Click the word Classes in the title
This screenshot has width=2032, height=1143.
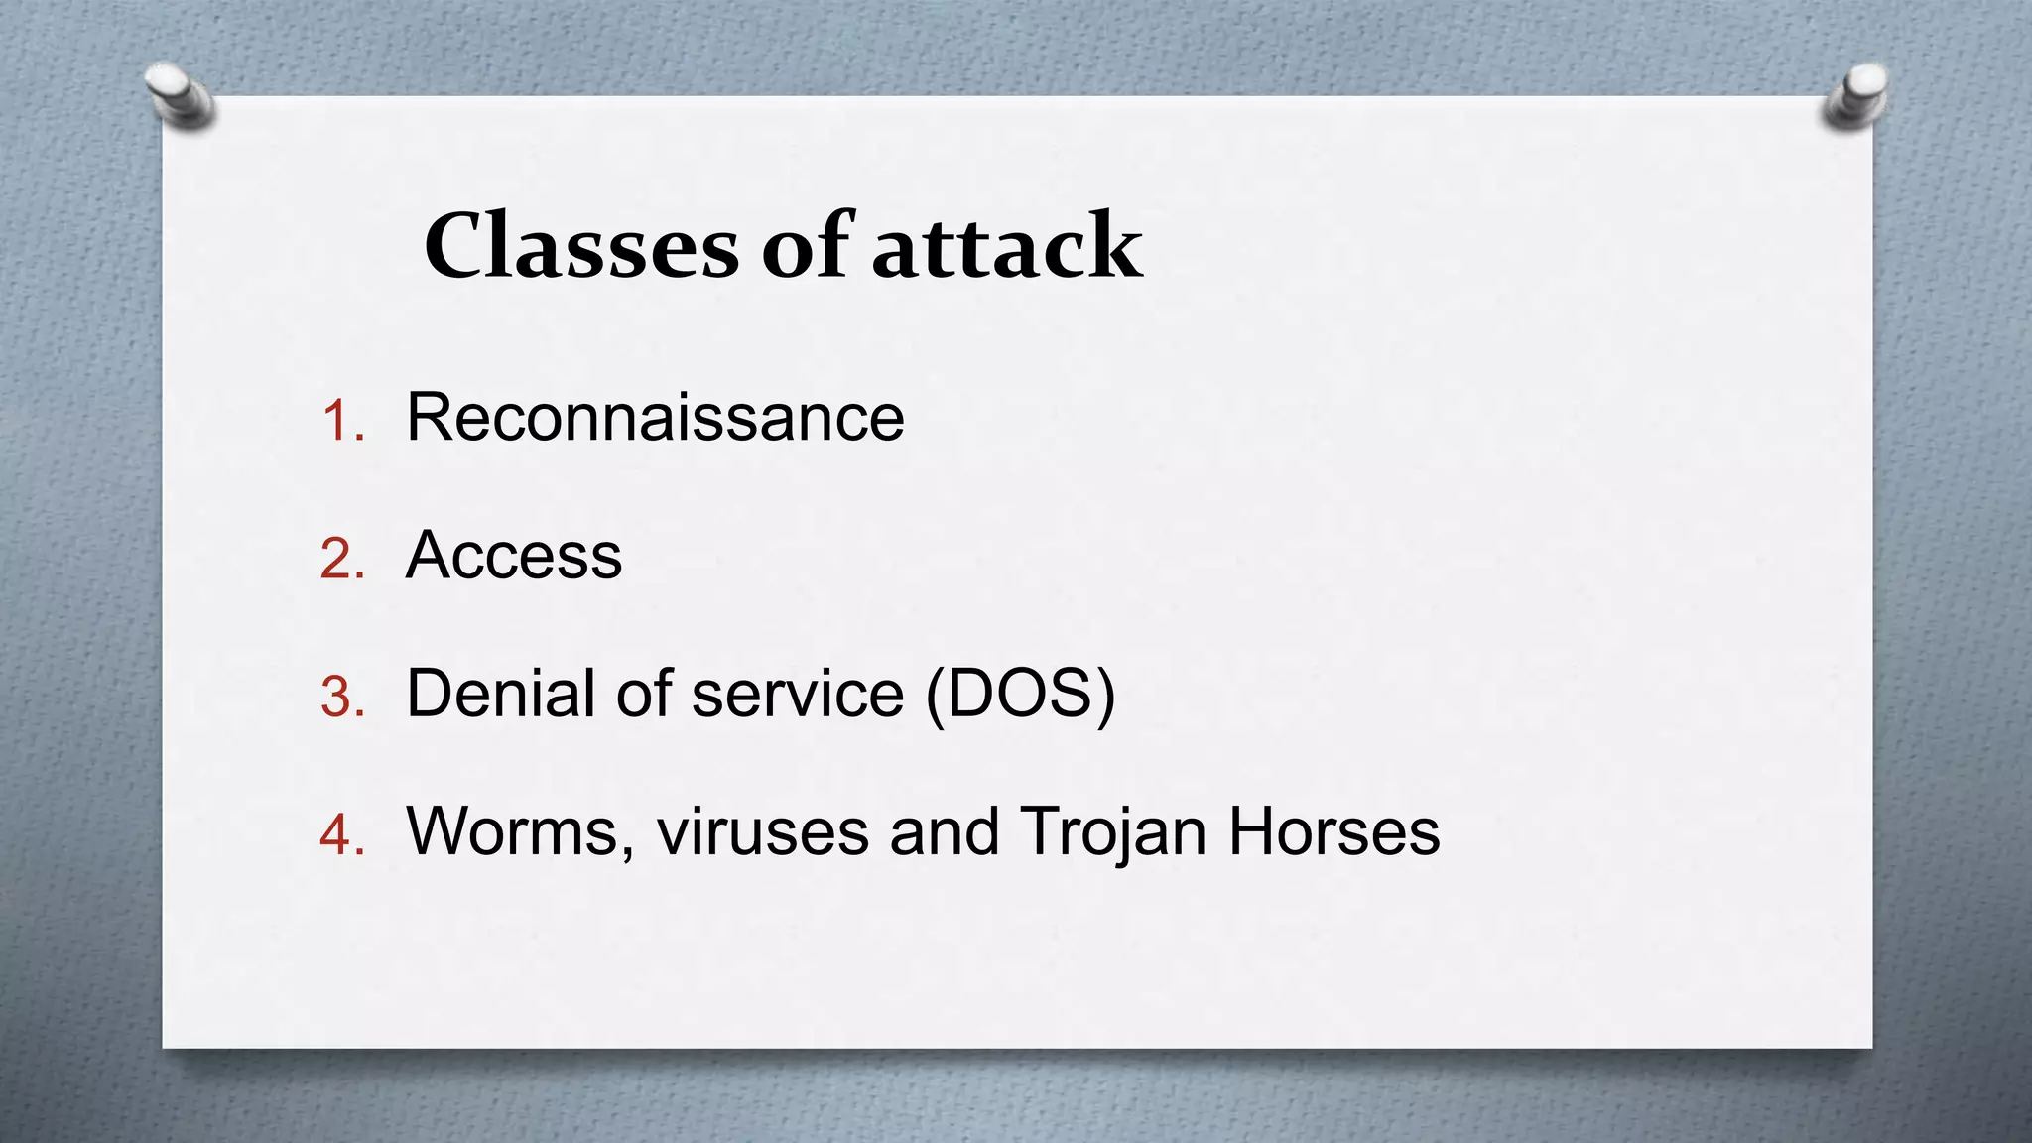[581, 246]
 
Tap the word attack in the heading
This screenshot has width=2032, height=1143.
[1007, 246]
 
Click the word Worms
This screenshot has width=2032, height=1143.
[520, 830]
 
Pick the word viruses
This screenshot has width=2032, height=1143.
[763, 830]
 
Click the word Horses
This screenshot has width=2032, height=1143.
[1334, 830]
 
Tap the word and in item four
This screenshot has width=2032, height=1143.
[944, 830]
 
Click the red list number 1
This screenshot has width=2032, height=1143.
[343, 421]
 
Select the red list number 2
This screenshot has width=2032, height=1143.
[342, 559]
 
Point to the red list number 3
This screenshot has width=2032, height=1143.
[342, 697]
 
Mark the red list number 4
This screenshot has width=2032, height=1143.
[342, 834]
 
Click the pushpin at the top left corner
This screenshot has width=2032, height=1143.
[179, 94]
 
